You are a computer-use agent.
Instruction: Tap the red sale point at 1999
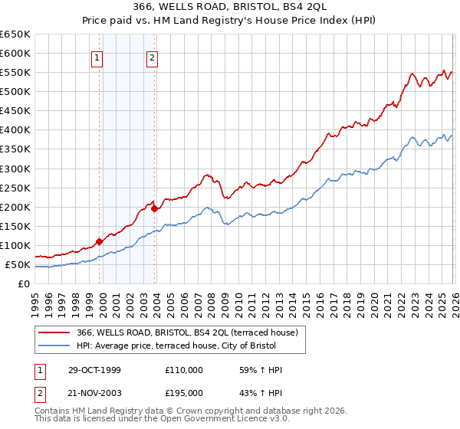pyautogui.click(x=99, y=241)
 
